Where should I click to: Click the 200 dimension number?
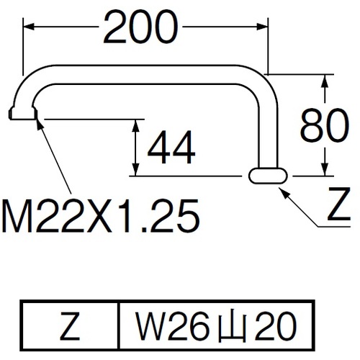point(141,27)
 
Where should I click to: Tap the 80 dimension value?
point(325,125)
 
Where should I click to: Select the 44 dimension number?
point(171,147)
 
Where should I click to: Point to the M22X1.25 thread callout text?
point(101,216)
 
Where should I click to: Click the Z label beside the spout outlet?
point(339,204)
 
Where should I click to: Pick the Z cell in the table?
point(70,325)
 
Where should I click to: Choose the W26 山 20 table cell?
point(216,325)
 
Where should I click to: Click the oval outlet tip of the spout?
point(268,176)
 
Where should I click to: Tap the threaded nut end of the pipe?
point(23,113)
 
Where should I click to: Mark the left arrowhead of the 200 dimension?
point(28,27)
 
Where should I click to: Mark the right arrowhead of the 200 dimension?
point(262,27)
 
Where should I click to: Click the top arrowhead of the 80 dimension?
point(325,81)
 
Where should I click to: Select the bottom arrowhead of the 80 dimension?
point(325,170)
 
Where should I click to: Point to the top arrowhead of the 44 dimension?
point(136,125)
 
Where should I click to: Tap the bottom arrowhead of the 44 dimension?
point(136,170)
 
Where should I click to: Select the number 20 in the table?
point(276,325)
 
